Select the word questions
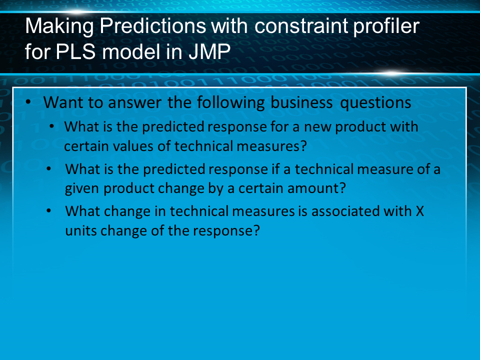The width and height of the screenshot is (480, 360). tap(375, 103)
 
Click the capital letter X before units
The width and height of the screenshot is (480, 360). tap(419, 211)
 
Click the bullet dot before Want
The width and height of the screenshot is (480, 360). tap(28, 102)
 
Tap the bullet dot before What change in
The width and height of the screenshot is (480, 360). tap(48, 211)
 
